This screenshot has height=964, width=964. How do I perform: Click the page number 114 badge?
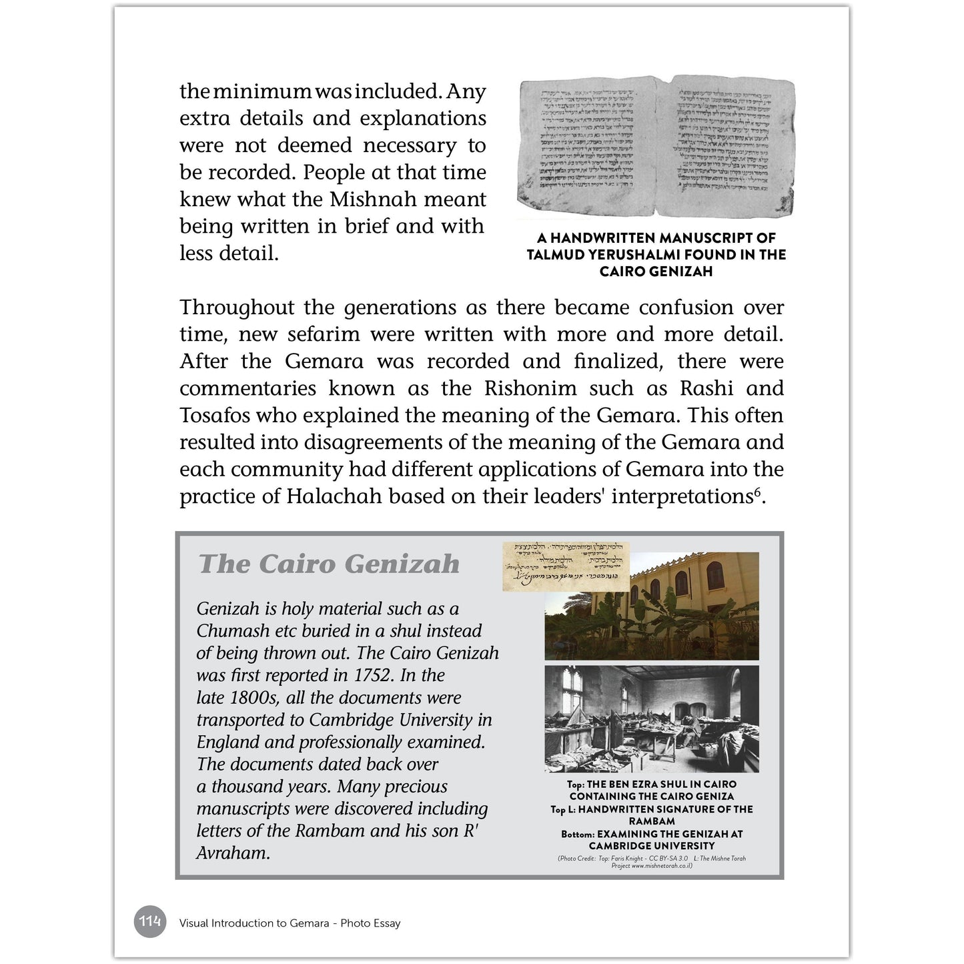[149, 922]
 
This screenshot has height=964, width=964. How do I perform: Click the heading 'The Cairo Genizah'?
[329, 564]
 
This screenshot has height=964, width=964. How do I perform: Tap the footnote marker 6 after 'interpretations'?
[757, 492]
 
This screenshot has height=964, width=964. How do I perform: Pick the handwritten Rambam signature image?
[566, 566]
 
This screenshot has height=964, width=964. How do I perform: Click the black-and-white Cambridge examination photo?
[652, 718]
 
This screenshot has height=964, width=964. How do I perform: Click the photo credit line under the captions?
[652, 862]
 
